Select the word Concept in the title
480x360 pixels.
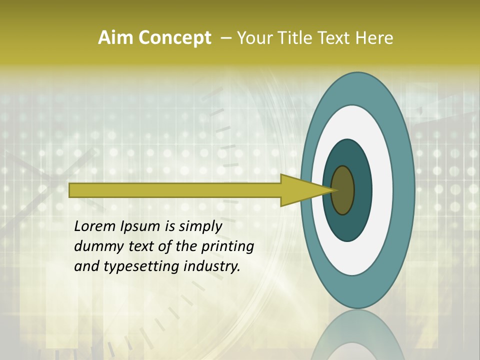click(174, 38)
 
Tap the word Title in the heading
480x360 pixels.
click(295, 38)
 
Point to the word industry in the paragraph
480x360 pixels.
click(212, 266)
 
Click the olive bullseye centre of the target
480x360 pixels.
click(342, 190)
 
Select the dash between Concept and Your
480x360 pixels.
click(225, 38)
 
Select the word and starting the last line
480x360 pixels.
click(86, 266)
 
